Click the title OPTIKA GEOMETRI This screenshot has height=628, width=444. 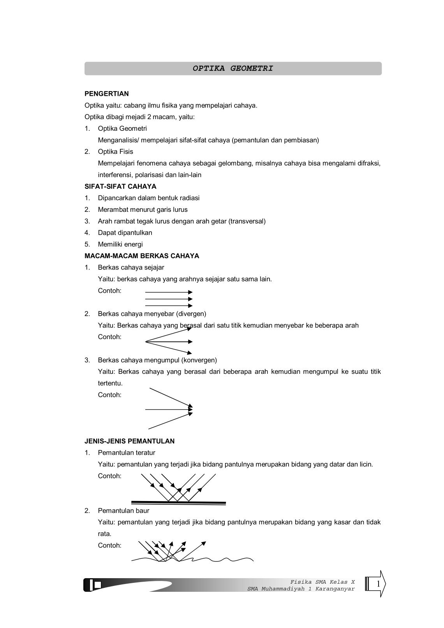[x=233, y=69]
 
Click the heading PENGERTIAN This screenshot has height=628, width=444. [x=106, y=94]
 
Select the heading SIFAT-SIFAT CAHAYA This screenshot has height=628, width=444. [x=120, y=186]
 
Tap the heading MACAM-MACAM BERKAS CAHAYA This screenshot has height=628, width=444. [x=142, y=256]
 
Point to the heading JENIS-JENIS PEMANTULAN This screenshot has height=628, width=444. [x=129, y=441]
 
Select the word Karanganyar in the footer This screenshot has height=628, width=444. [x=336, y=589]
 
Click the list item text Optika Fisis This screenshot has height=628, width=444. [x=115, y=151]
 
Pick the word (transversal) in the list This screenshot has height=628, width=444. [x=247, y=221]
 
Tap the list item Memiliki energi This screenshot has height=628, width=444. [x=120, y=245]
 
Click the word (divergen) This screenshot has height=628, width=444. [x=191, y=314]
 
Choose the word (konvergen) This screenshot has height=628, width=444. [x=199, y=360]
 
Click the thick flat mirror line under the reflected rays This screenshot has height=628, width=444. [x=178, y=503]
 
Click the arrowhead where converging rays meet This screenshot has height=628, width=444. [x=190, y=409]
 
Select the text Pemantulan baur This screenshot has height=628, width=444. [x=123, y=510]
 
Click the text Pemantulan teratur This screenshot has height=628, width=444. [x=126, y=453]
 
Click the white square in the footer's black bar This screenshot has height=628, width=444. [x=98, y=585]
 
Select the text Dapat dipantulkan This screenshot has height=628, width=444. [x=125, y=233]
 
